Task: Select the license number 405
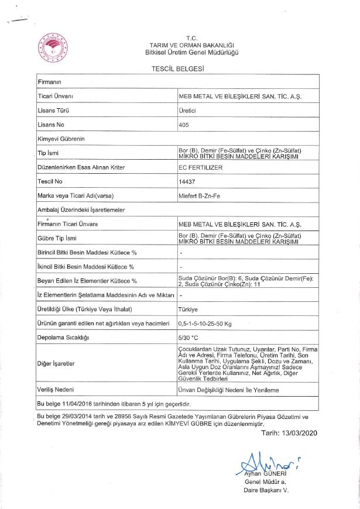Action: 183,125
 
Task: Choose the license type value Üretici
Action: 187,110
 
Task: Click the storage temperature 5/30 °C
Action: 189,338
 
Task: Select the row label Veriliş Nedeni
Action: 57,389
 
